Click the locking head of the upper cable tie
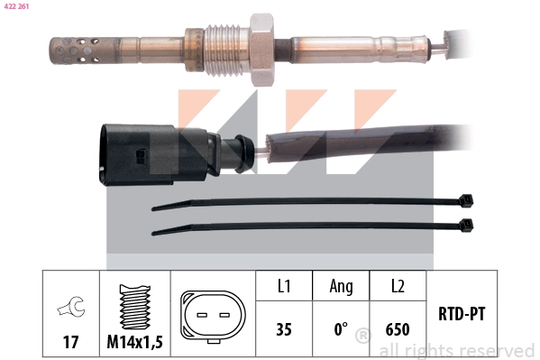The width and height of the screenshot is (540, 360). tap(466, 200)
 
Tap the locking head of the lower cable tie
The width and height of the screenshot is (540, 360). tap(466, 223)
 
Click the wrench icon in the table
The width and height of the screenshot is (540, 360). tap(69, 309)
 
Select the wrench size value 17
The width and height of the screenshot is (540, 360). tap(69, 343)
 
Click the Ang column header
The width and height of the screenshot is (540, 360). tap(340, 288)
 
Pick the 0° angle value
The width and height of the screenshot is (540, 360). tap(340, 329)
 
